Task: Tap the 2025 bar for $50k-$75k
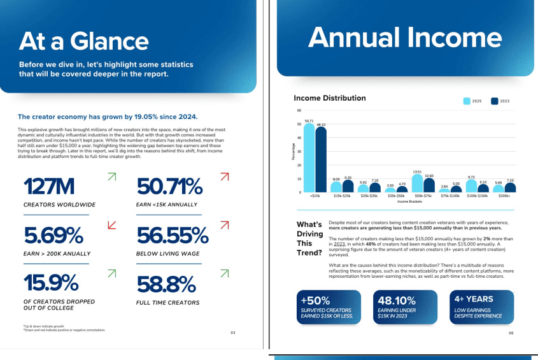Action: (418, 183)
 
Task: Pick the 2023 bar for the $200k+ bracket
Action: (510, 187)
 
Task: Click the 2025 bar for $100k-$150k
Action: (471, 185)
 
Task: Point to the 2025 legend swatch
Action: (467, 101)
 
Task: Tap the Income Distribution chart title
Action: (329, 98)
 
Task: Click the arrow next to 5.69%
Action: (112, 224)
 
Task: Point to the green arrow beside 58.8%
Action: (224, 274)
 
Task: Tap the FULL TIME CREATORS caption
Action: (167, 302)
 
